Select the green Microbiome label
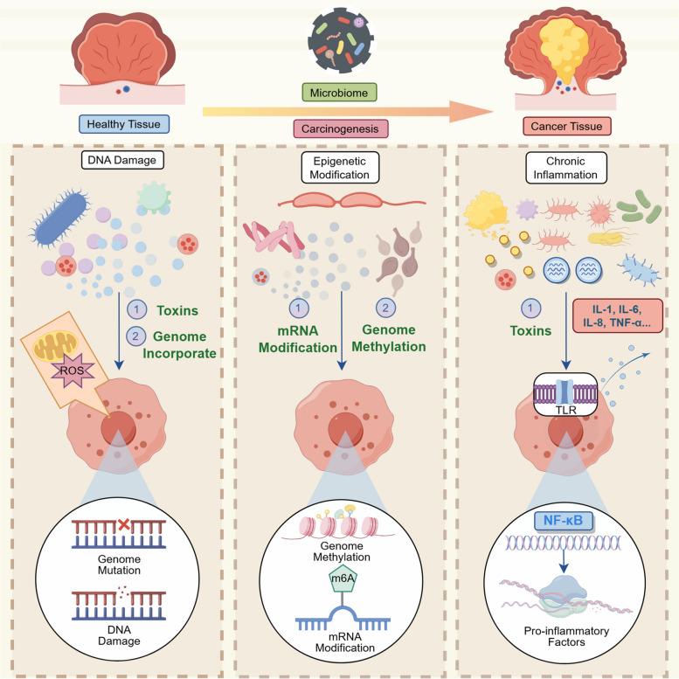[339, 92]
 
